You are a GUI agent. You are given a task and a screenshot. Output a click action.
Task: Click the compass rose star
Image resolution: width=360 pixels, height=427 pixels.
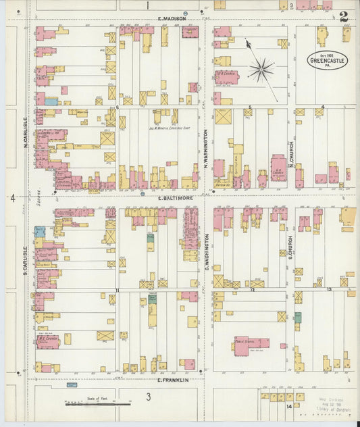coord(261,69)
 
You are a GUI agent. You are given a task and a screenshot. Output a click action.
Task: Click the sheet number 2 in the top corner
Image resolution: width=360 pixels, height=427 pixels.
coord(344,17)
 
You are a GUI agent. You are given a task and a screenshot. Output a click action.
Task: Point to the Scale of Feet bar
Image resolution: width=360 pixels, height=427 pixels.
coord(99,403)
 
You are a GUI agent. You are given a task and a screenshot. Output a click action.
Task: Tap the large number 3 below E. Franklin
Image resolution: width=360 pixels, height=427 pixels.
coord(147,397)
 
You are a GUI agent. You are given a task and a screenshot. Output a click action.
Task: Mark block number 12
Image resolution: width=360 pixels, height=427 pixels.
coord(252,290)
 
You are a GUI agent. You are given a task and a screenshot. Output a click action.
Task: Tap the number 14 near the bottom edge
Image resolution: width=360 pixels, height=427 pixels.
coord(288,406)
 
